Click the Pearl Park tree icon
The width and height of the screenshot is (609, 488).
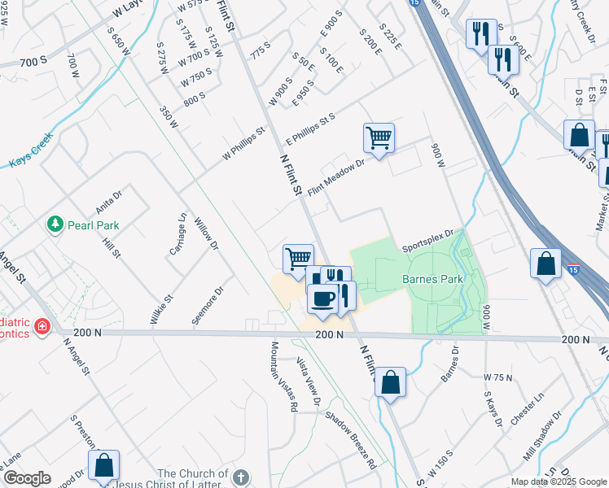point(55,224)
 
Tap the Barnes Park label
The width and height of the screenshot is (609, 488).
point(432,280)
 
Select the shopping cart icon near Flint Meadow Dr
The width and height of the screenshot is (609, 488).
point(379,138)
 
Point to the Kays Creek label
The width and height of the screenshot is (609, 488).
point(32,150)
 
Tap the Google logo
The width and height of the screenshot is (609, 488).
point(27,478)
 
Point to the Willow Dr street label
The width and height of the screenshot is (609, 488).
point(208,233)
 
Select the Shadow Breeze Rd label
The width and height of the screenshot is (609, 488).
point(351,440)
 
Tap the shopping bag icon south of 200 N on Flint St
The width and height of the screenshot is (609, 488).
point(390,381)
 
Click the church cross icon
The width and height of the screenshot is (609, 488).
point(240,477)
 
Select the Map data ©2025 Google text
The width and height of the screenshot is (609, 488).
point(558,481)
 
